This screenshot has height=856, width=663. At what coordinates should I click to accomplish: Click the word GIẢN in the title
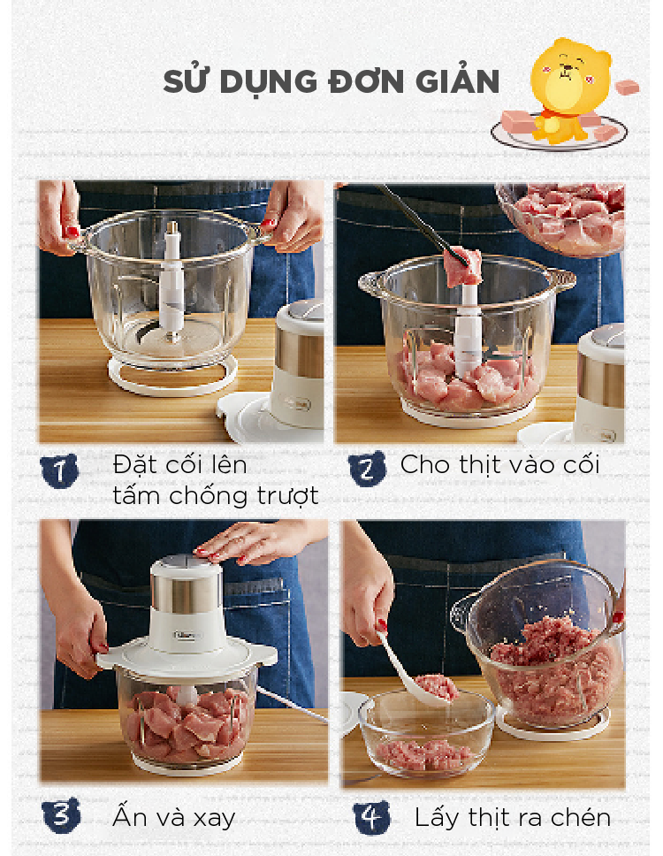[457, 82]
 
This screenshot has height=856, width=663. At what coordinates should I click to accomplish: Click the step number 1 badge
[59, 470]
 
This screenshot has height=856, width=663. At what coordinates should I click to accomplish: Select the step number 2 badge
[367, 469]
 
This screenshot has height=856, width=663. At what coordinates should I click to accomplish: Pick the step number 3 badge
[61, 815]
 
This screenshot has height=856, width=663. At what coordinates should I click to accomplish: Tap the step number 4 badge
[372, 817]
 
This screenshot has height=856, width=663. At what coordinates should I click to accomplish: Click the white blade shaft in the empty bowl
[171, 279]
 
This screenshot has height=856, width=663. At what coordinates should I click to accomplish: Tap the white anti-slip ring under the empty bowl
[172, 377]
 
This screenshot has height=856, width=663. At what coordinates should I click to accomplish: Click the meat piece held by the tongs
[462, 266]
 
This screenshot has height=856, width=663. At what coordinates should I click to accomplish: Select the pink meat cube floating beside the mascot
[627, 87]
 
